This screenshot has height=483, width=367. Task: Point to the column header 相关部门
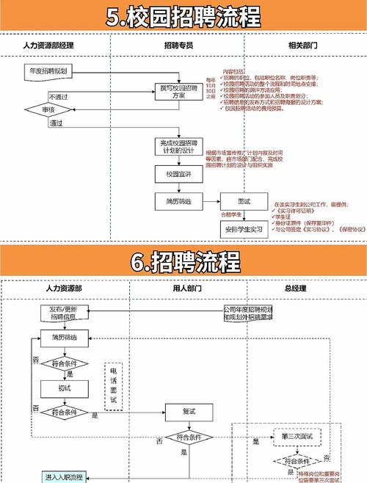[302, 46]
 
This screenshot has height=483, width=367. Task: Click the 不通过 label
[58, 96]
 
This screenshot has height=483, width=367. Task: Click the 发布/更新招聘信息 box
[64, 313]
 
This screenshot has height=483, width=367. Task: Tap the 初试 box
[65, 387]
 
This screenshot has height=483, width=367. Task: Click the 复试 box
[189, 413]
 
